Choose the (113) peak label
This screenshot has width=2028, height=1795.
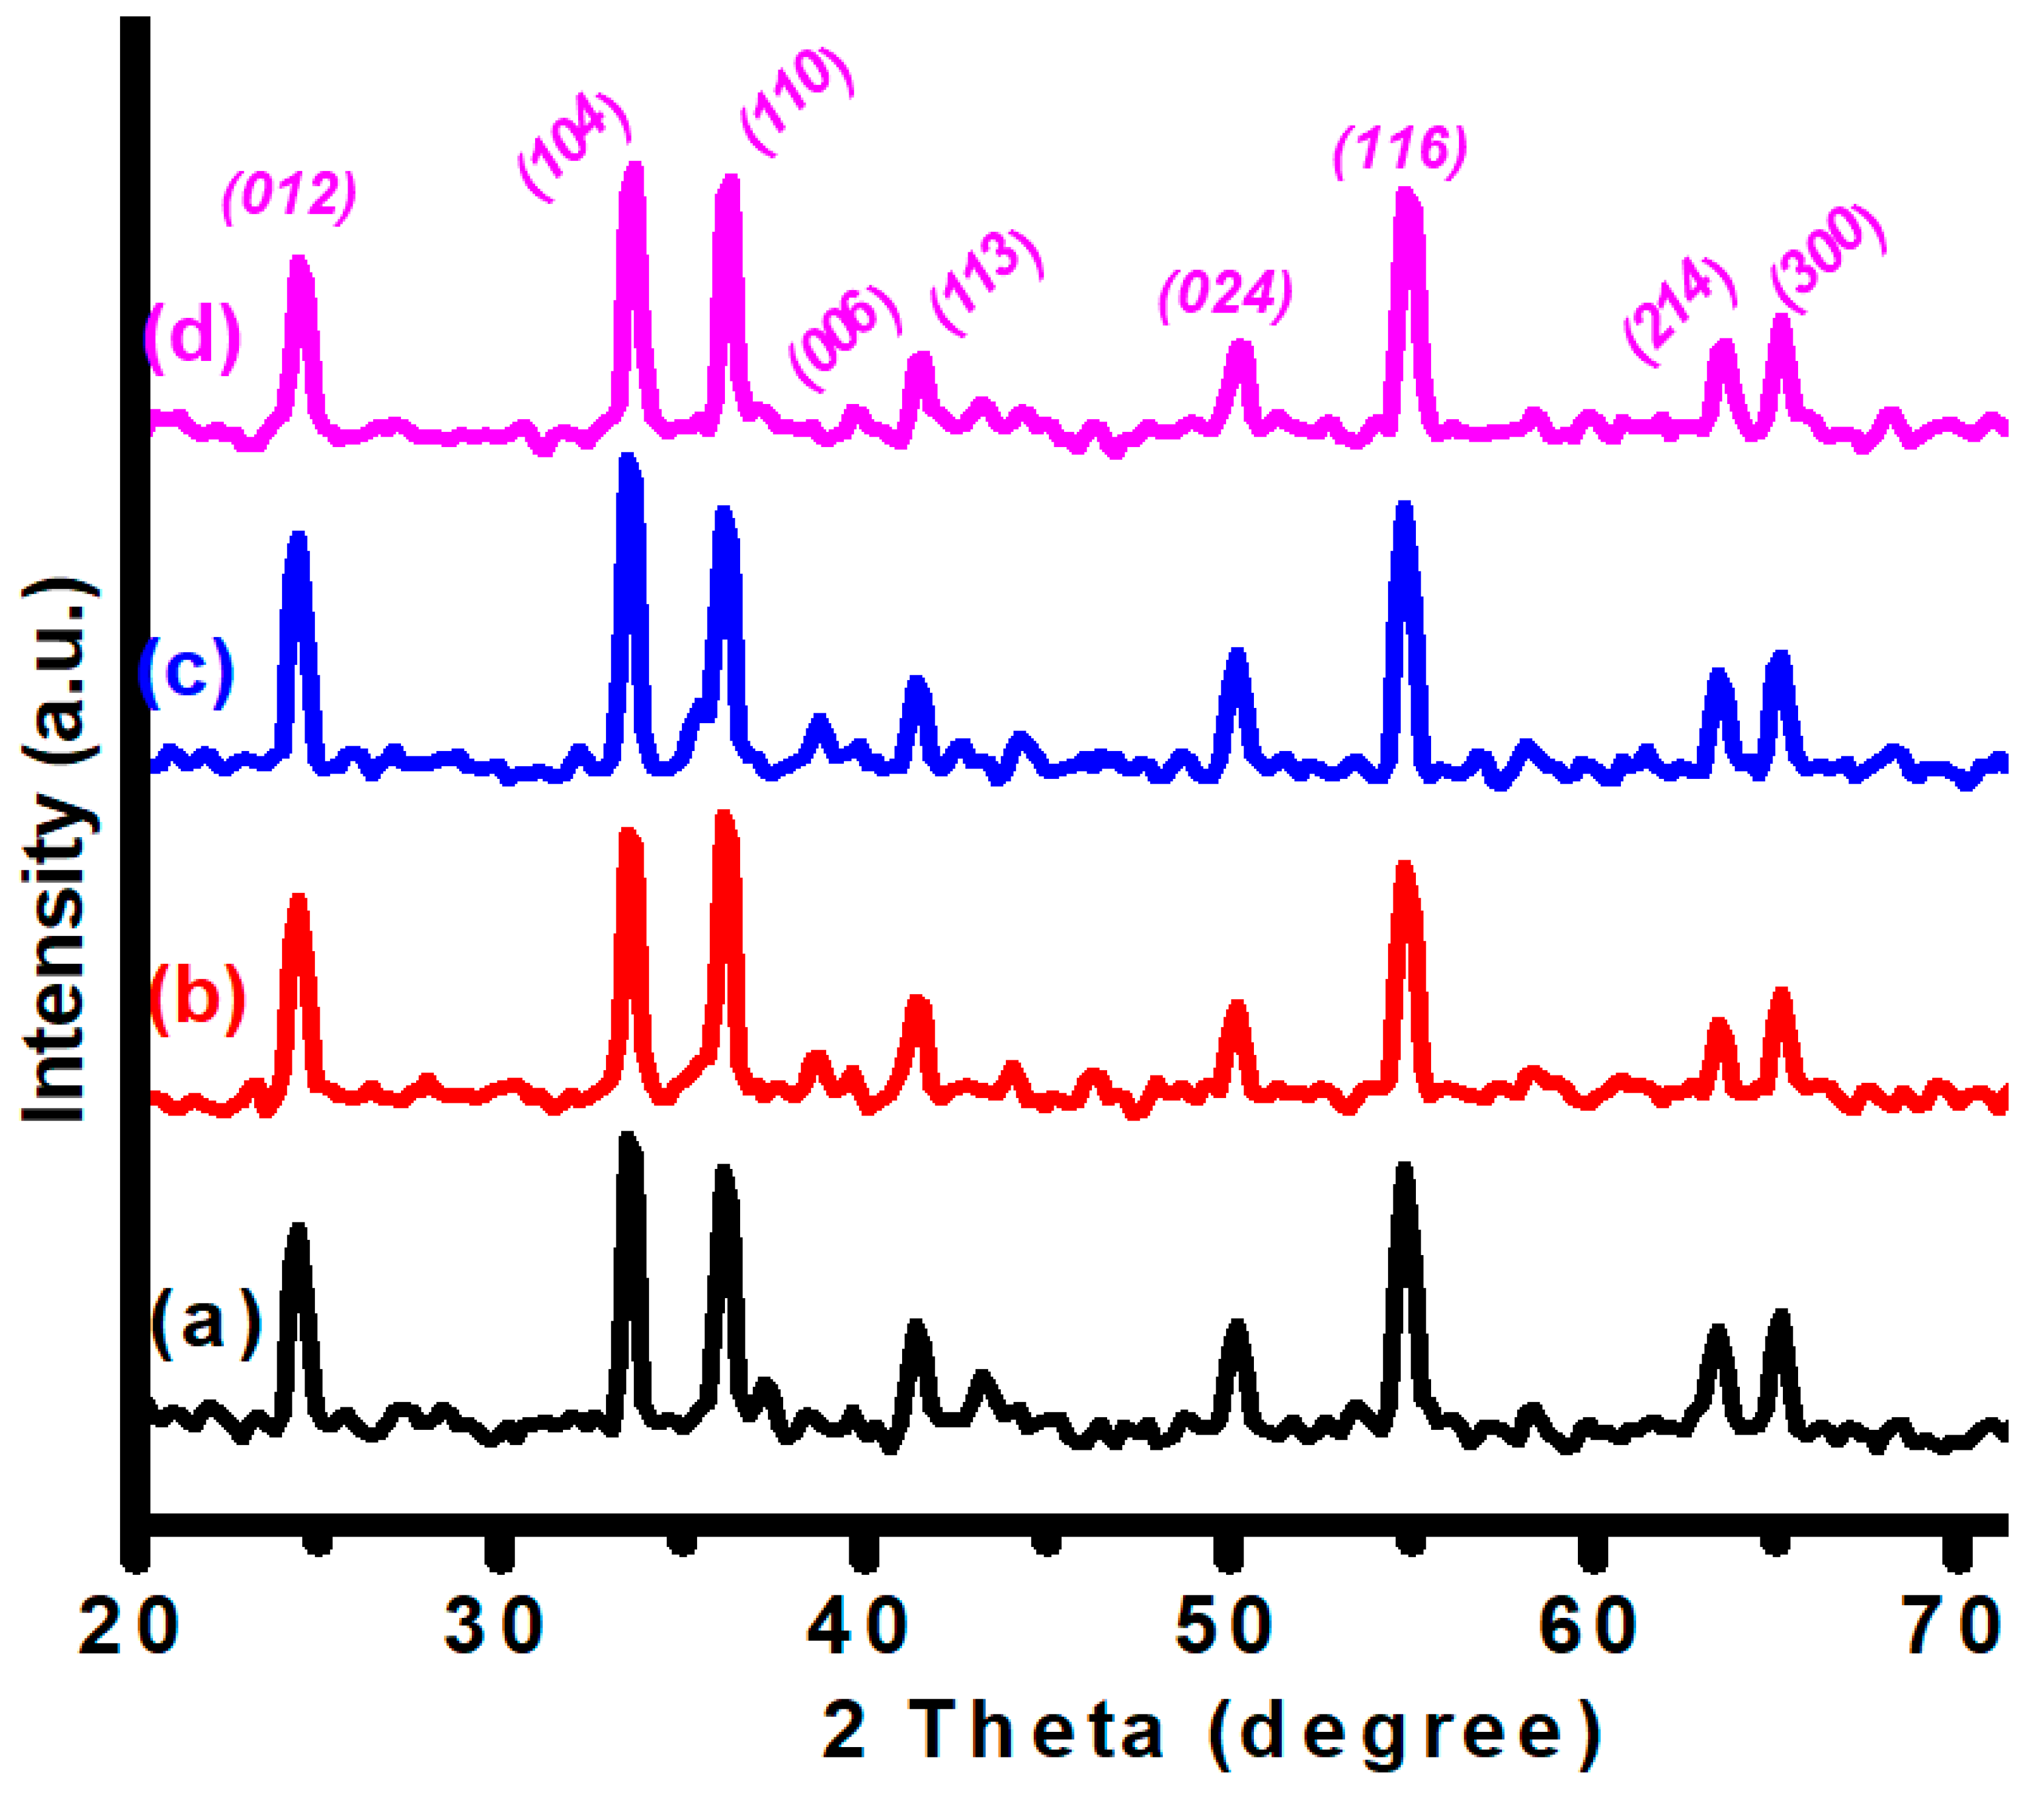[x=986, y=283]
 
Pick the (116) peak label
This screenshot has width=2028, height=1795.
[x=1400, y=151]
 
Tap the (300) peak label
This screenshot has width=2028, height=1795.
[x=1828, y=258]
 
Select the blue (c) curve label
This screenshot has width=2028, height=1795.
[x=186, y=671]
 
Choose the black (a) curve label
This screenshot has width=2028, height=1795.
[x=206, y=1319]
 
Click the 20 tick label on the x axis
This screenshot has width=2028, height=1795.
[x=129, y=1629]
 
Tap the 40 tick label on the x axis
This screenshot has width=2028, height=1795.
[x=859, y=1629]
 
